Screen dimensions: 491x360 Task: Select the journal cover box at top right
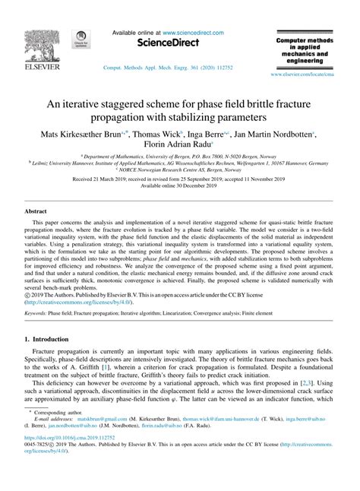click(303, 48)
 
